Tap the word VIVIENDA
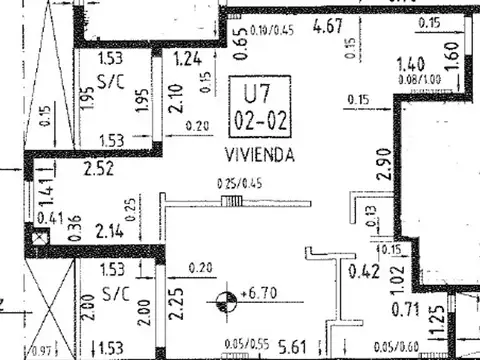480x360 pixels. click(259, 156)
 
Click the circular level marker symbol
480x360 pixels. click(227, 297)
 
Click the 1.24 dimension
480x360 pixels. click(187, 60)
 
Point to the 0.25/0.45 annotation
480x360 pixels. click(231, 183)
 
